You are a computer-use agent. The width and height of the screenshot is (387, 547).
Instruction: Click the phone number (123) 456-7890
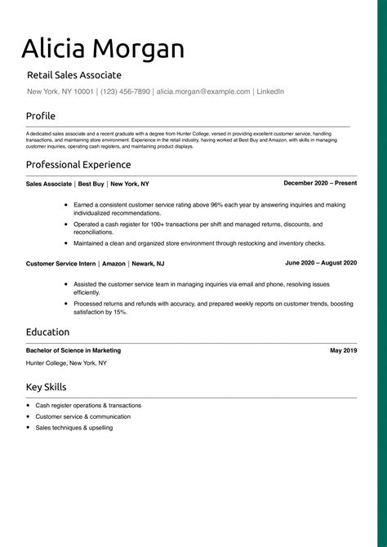point(126,92)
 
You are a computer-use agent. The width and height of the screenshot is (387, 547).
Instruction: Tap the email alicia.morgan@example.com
point(203,92)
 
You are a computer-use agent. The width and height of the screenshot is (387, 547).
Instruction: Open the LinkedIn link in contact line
point(270,92)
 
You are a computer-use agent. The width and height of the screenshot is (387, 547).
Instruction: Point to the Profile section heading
point(41,116)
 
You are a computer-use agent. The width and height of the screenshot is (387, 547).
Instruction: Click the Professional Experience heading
point(78,165)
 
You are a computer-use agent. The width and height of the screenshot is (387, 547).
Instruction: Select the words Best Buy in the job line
point(91,185)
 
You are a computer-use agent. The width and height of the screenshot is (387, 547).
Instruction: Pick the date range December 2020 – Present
point(320,184)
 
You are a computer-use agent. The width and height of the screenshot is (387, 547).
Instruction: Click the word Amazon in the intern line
point(114,264)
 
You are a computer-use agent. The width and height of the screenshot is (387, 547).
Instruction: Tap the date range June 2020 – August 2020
point(321,263)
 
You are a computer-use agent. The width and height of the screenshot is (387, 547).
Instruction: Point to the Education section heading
point(47,332)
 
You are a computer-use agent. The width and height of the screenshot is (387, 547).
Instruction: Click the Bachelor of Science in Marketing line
point(73,350)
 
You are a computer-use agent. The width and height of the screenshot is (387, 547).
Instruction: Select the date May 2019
point(343,350)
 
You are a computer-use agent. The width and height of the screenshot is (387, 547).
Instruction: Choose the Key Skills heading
point(47,387)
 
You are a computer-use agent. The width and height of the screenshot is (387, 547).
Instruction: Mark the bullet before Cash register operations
point(28,405)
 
